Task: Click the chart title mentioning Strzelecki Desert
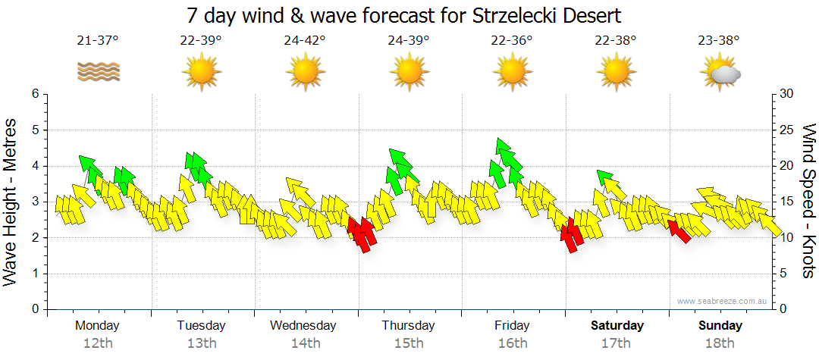(x=409, y=15)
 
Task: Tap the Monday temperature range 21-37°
(x=97, y=41)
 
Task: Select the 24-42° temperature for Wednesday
(x=305, y=41)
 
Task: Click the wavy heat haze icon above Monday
(x=98, y=72)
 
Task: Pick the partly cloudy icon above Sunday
(x=720, y=73)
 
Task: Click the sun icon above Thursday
(x=409, y=73)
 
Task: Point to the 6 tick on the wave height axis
(x=35, y=94)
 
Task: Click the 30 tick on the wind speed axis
(x=785, y=94)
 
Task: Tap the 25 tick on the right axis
(x=785, y=130)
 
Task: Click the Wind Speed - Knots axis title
(x=808, y=201)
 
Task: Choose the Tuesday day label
(x=201, y=326)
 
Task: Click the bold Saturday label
(x=617, y=326)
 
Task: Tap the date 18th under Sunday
(x=720, y=343)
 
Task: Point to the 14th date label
(x=305, y=343)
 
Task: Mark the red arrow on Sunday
(x=678, y=230)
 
